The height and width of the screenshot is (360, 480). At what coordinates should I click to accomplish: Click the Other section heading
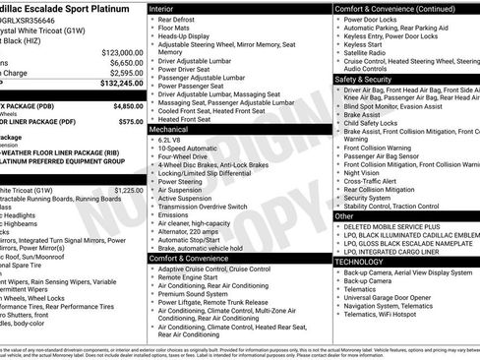[344, 215]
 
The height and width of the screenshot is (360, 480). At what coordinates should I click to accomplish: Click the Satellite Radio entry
[367, 52]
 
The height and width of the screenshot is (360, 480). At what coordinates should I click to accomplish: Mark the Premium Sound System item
[194, 293]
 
